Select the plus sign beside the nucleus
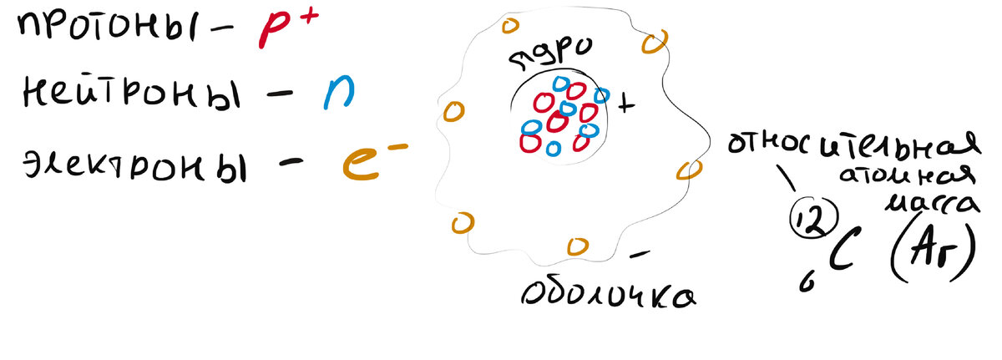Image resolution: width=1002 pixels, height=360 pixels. (x=626, y=105)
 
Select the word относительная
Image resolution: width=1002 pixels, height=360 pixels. (x=852, y=147)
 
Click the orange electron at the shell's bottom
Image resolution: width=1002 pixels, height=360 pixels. (x=576, y=245)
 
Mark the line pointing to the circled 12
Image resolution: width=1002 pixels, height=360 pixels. (x=786, y=177)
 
